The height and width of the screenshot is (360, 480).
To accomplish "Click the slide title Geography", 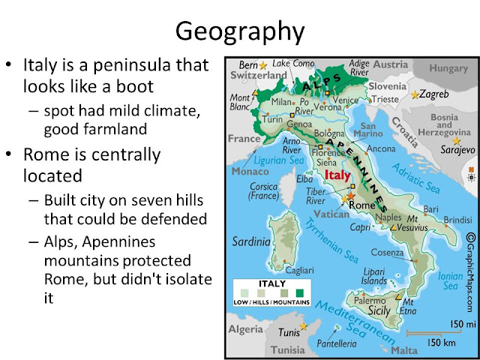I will (239, 31).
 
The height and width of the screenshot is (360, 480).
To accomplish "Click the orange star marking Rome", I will (349, 196).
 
